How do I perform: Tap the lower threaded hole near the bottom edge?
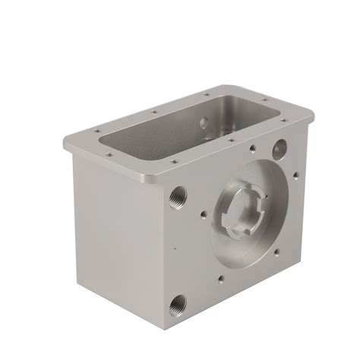pos(177,305)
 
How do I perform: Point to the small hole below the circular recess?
pos(221,278)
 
